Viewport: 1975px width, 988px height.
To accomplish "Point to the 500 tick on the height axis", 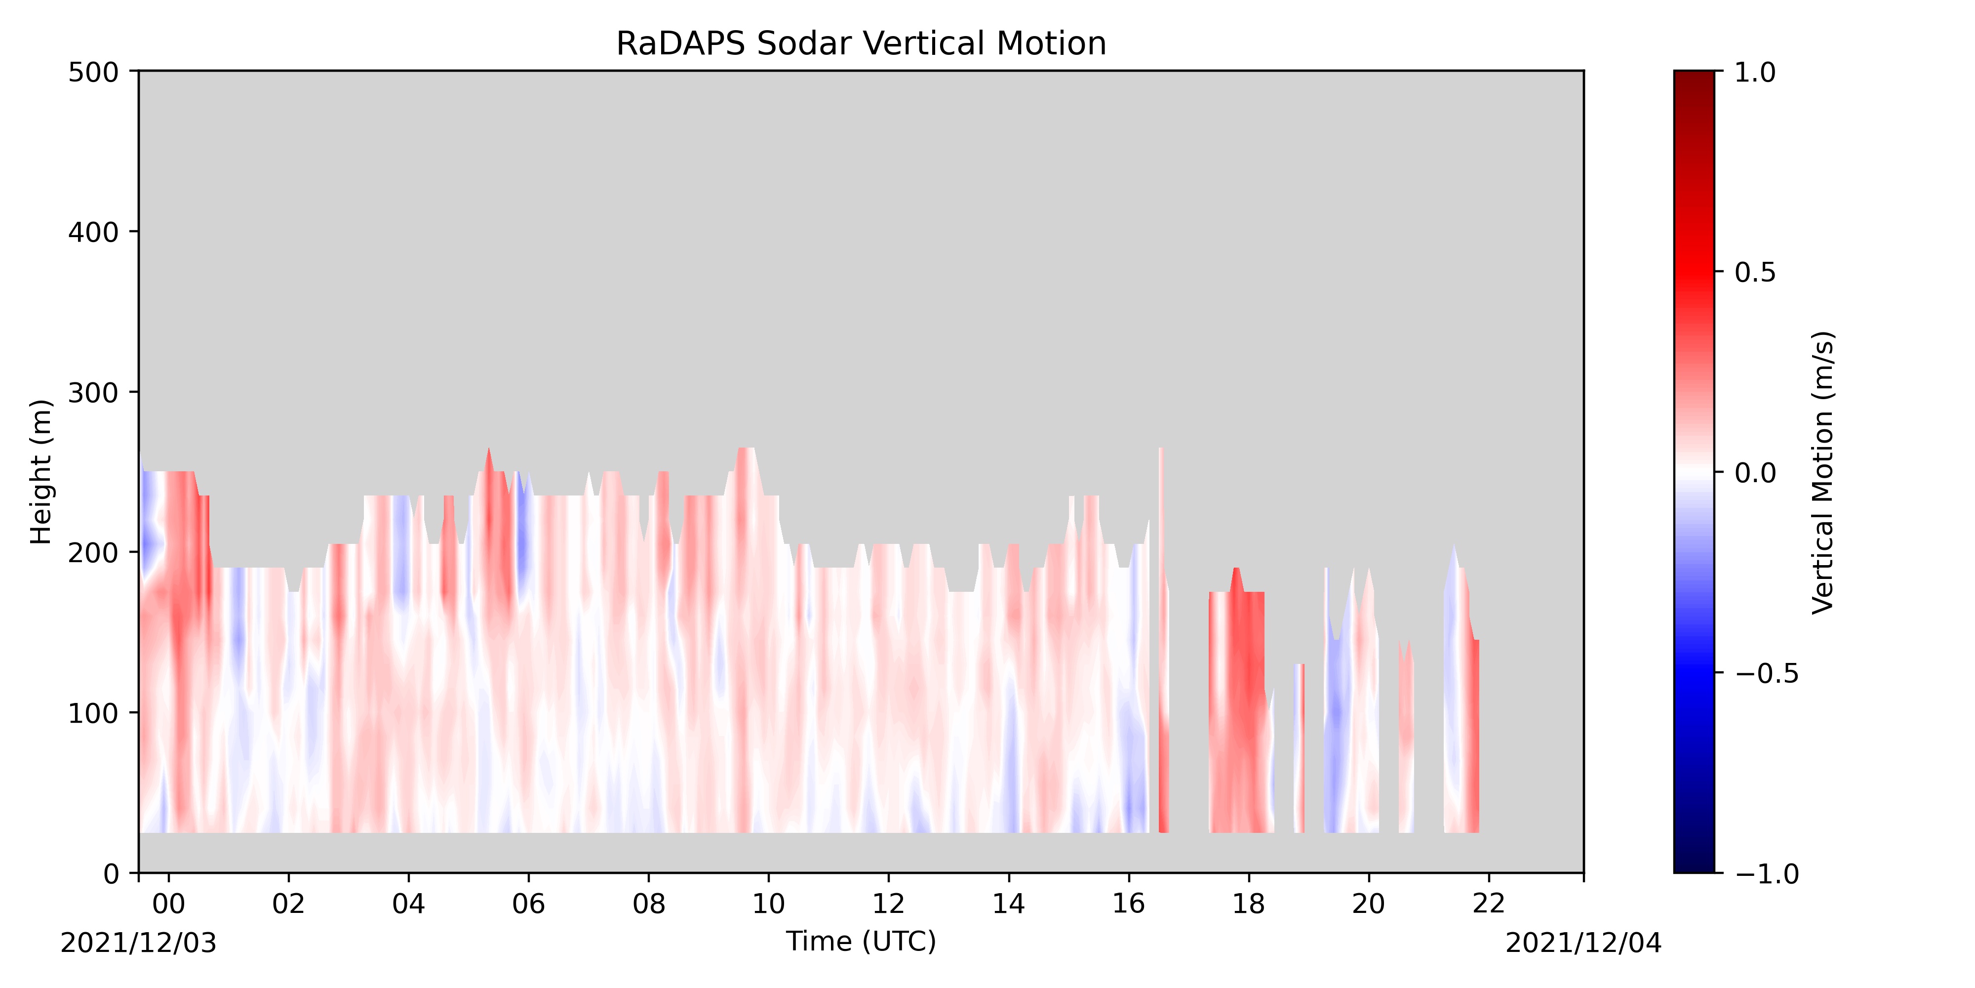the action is (93, 73).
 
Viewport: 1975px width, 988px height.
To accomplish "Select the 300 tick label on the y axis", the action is (93, 393).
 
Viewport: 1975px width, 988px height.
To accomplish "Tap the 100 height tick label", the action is (93, 713).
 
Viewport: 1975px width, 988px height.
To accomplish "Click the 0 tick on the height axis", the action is (111, 874).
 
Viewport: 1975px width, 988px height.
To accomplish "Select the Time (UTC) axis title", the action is (861, 941).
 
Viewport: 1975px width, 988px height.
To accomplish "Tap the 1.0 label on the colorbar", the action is (1755, 73).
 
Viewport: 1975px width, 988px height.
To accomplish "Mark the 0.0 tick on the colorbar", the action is (1755, 473).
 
